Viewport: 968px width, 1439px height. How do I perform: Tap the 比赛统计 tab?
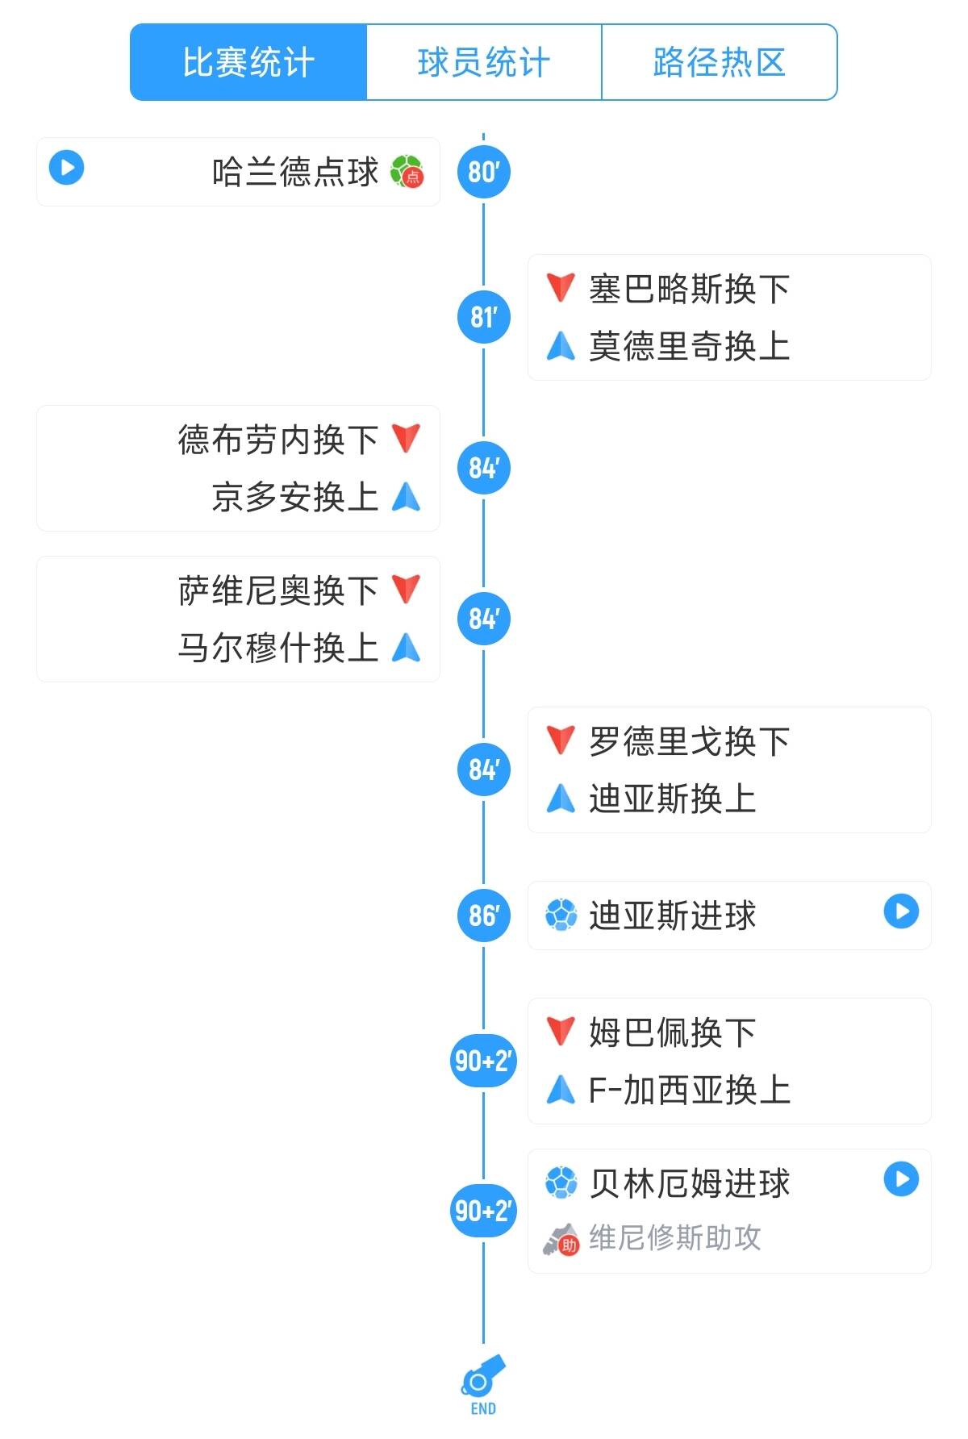point(248,62)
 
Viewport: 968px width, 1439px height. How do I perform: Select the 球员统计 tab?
point(484,62)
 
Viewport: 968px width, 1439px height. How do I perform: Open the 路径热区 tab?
point(719,62)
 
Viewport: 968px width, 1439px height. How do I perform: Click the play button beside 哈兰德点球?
point(66,168)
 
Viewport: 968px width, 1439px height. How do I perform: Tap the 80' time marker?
point(483,172)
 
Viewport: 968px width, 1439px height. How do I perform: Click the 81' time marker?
point(483,317)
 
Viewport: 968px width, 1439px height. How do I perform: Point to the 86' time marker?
point(483,916)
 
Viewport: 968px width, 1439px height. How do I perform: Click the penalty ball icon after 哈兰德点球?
point(407,172)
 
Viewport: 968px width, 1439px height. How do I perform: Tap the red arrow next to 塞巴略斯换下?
point(561,287)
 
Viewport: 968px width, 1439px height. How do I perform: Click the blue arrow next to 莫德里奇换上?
point(561,346)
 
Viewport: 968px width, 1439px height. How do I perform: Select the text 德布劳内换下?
point(277,440)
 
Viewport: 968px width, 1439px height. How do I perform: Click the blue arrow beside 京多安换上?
point(406,497)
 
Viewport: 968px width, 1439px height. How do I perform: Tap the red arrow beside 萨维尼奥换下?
point(406,589)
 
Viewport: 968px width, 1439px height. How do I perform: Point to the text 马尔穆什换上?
point(277,648)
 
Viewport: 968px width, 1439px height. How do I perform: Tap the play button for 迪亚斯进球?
point(901,911)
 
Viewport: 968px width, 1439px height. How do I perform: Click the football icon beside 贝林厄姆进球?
point(561,1182)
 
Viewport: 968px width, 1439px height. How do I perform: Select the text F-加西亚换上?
point(689,1091)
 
